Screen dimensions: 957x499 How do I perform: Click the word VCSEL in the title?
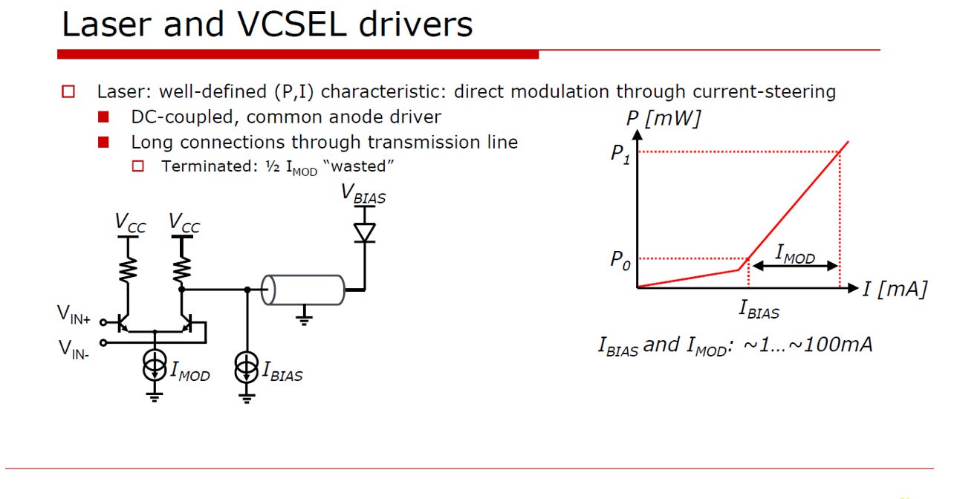coord(291,25)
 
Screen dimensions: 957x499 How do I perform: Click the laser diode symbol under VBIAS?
coord(364,232)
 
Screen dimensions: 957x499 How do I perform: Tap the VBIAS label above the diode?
coord(363,195)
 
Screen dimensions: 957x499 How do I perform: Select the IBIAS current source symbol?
coord(247,368)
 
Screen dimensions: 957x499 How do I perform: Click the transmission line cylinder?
coord(303,290)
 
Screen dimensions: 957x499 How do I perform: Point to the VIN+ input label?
coord(74,315)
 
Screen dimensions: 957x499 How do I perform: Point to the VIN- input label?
coord(74,350)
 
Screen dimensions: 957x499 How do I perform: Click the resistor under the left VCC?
coord(128,269)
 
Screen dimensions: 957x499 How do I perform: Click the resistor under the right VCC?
coord(182,269)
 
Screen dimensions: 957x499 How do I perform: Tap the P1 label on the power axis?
coord(620,154)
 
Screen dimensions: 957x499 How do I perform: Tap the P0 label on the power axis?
coord(620,261)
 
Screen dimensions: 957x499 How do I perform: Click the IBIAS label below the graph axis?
coord(759,310)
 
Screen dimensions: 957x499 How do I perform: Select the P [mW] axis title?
coord(664,118)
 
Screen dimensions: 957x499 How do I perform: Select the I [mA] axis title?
coord(895,289)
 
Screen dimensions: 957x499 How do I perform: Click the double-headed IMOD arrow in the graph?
coord(795,266)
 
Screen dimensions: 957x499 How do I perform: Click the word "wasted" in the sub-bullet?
coord(358,166)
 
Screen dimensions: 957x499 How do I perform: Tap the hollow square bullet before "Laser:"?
coord(68,92)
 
